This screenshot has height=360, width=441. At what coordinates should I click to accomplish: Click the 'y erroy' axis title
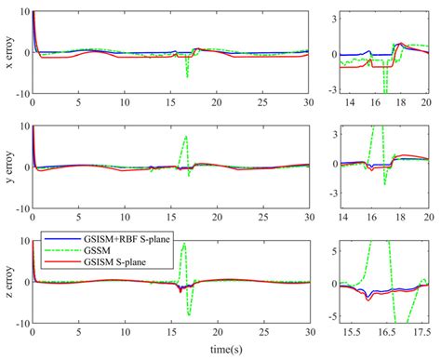coord(8,168)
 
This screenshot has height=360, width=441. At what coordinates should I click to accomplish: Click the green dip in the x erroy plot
coord(188,76)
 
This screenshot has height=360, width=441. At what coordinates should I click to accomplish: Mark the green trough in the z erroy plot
coord(189,314)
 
